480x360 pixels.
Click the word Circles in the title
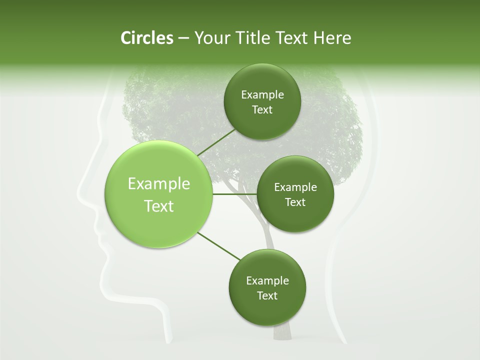(x=146, y=38)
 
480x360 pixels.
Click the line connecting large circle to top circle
(x=215, y=141)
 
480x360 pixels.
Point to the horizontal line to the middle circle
(x=234, y=194)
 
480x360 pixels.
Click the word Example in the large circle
(x=158, y=184)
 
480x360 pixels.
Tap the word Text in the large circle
(x=158, y=206)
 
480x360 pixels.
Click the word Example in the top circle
(x=262, y=95)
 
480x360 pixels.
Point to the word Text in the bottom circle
(x=267, y=295)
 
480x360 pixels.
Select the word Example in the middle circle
(x=295, y=187)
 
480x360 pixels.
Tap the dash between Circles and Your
(x=183, y=38)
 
